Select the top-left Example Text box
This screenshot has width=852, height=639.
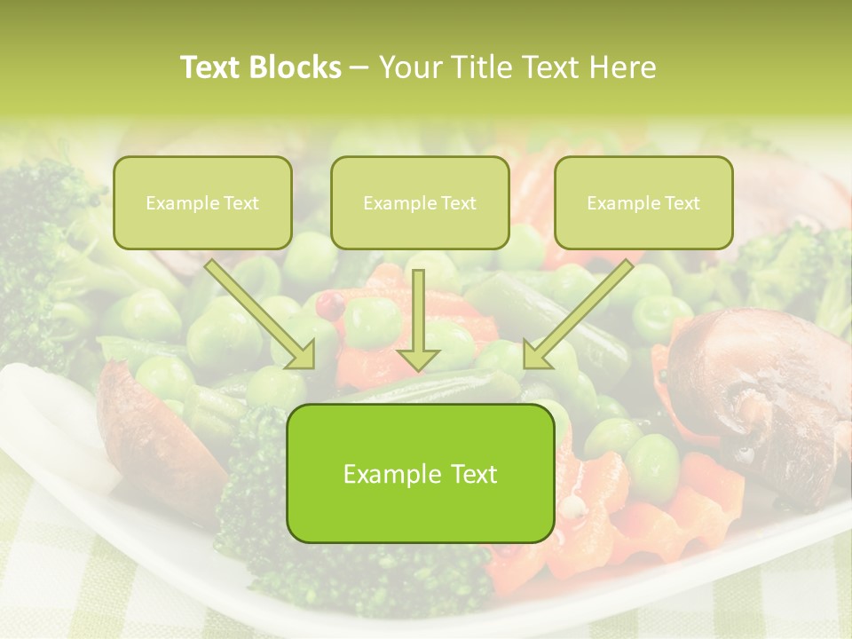click(x=202, y=202)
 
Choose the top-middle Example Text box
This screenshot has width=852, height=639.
click(x=420, y=202)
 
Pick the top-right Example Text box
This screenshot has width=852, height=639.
click(x=643, y=202)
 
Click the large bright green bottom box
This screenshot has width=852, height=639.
click(x=421, y=473)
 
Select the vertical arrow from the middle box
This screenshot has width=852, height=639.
click(x=419, y=311)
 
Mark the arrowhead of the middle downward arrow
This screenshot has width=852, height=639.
click(x=419, y=357)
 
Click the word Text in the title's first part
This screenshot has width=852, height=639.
click(x=209, y=67)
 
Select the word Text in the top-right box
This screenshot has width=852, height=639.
click(x=682, y=203)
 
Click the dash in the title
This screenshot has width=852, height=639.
click(x=359, y=68)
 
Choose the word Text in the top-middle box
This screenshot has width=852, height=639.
click(x=458, y=203)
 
